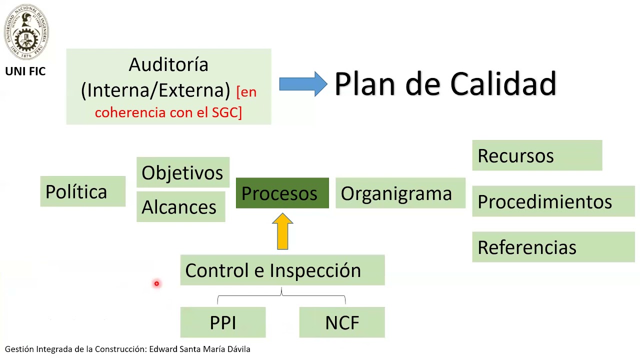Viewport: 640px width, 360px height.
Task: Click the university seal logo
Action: (x=26, y=32)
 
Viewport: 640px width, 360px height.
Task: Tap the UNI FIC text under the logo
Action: (x=25, y=71)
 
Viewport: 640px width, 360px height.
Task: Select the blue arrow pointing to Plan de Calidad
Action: (x=302, y=84)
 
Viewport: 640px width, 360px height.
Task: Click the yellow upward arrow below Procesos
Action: (x=282, y=231)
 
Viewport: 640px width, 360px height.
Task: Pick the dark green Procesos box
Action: (x=282, y=193)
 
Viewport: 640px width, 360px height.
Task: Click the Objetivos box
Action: (x=182, y=172)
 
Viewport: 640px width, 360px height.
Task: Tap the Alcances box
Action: (x=180, y=206)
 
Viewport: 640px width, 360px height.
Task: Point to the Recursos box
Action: (x=536, y=155)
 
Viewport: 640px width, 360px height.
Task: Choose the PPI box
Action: (x=223, y=322)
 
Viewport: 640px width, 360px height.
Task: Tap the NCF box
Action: (x=342, y=322)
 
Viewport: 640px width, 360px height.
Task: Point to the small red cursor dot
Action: (x=156, y=284)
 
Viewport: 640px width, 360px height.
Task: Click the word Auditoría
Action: (x=168, y=64)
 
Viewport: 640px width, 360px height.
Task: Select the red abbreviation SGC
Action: (x=226, y=112)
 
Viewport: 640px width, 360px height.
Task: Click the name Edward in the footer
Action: (x=163, y=349)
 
